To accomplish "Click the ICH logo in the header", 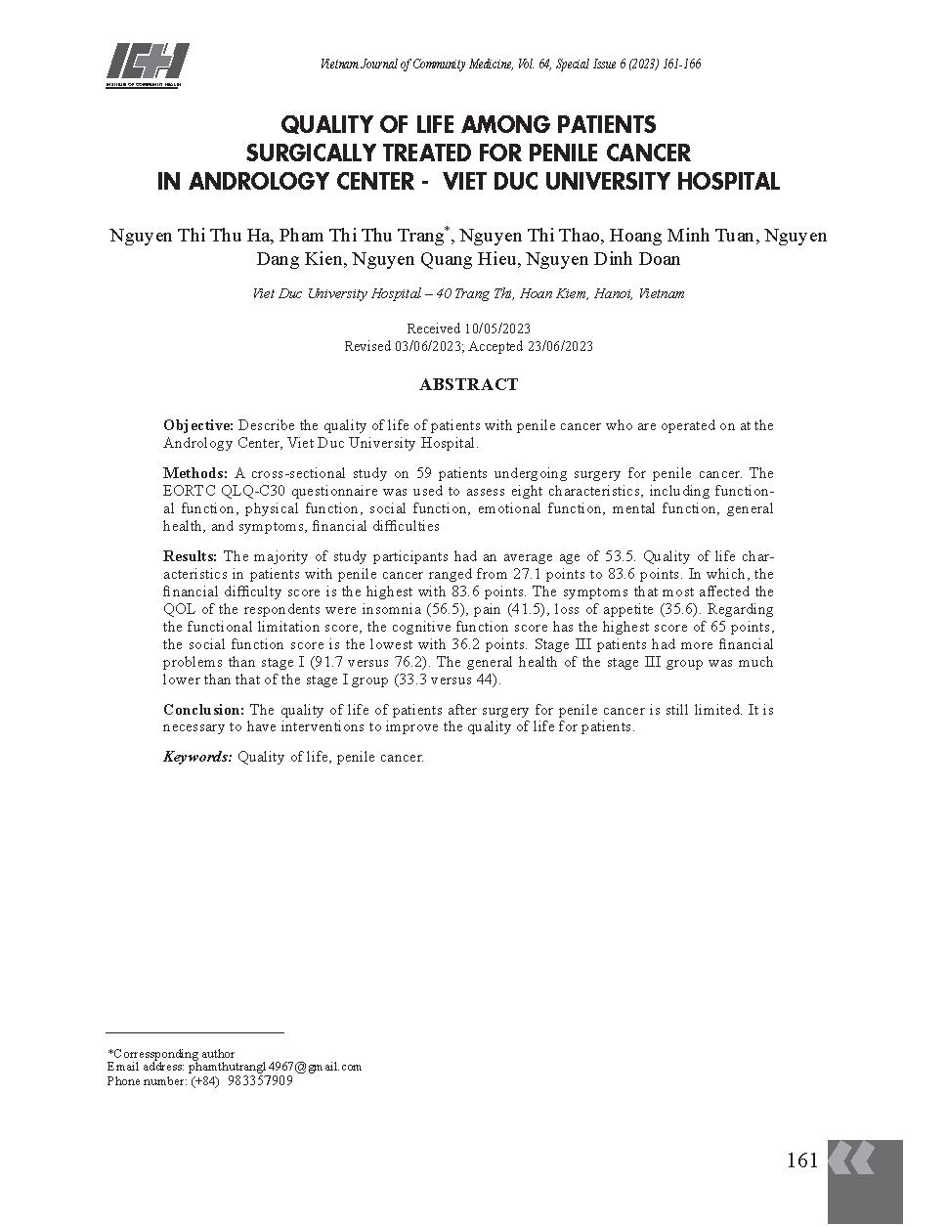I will [147, 66].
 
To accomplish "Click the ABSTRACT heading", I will [468, 385].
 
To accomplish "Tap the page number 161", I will [801, 1161].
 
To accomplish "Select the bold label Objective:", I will [198, 425].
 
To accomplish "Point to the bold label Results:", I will [191, 556].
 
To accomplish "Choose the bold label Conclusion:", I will [204, 710].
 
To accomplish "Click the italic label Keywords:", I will [197, 757].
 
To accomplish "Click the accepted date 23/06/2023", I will [559, 346].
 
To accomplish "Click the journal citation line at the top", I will [510, 65].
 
